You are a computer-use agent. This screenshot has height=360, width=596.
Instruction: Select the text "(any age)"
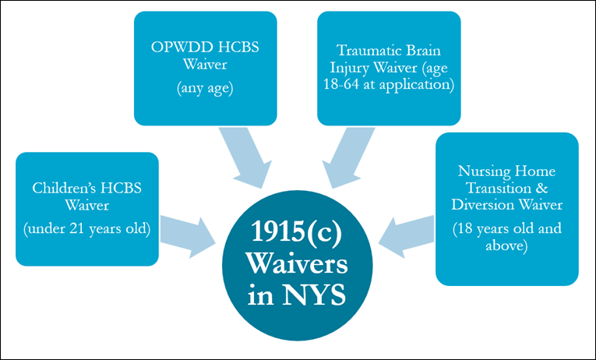(205, 89)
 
